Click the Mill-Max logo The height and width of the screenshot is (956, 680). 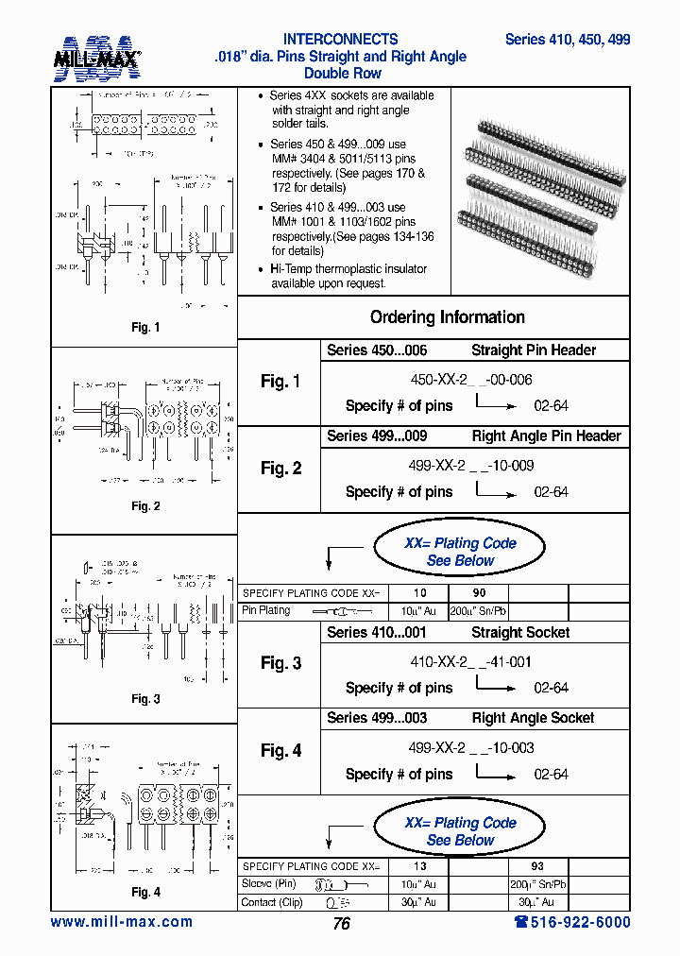coord(96,58)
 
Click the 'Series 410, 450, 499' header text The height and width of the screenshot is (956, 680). coord(567,40)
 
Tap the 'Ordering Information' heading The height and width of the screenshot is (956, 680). coord(447,317)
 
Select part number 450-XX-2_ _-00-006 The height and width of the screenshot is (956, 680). coord(471,379)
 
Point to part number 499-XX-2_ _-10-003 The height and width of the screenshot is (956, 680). coord(471,747)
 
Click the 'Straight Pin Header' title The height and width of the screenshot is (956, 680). coord(534,350)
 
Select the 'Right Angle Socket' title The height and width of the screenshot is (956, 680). coord(533,718)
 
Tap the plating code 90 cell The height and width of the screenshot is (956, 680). coord(478,593)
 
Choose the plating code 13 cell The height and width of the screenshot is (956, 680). coord(419,866)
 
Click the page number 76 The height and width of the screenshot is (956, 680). coord(341,924)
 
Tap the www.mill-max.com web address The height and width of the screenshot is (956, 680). coord(121,922)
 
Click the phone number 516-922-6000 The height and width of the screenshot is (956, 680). coord(572,922)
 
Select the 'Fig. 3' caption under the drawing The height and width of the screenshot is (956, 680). coord(144,699)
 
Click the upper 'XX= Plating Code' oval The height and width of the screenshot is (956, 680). coord(460,552)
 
